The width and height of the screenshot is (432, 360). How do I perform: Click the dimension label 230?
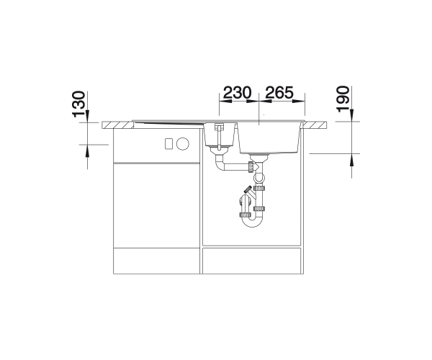237,93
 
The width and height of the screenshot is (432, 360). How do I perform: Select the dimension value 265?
279,93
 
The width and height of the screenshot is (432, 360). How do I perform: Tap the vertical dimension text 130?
78,104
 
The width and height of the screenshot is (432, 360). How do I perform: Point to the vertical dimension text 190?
343,99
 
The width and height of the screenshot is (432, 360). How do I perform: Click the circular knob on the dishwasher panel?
183,143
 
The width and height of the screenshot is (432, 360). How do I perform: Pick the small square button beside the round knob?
168,143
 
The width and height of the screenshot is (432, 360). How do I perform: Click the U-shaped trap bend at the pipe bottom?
252,222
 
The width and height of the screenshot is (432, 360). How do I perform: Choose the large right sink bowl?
269,138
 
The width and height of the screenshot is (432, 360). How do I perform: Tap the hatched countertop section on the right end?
316,125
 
